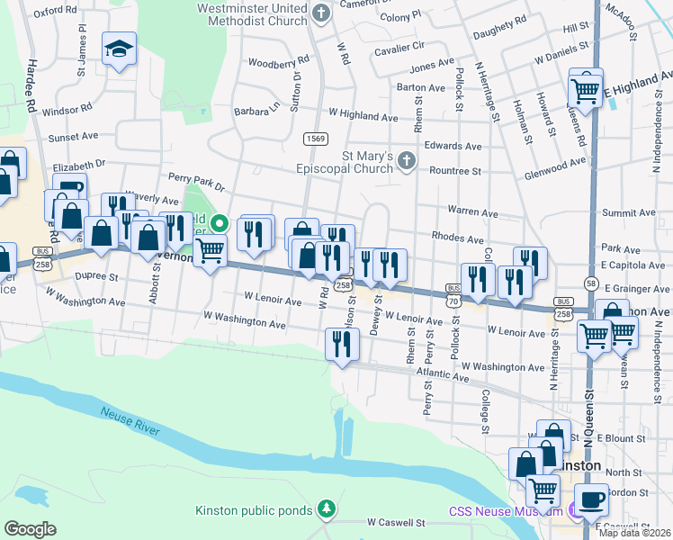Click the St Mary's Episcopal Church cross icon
point(407,161)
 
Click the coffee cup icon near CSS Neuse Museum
point(592,499)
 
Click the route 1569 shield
point(315,138)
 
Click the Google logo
point(30,529)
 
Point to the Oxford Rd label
point(55,11)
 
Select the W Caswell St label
point(395,522)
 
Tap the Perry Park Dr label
point(195,181)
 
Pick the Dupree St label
point(96,277)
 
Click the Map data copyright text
point(634,533)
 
